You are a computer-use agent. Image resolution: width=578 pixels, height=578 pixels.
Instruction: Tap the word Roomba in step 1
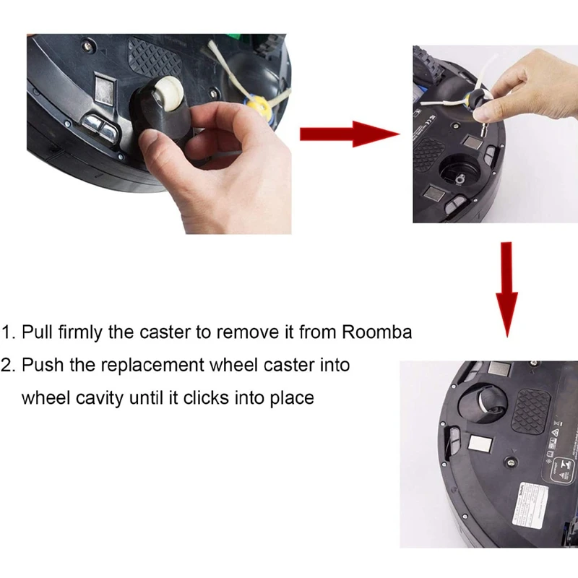point(376,332)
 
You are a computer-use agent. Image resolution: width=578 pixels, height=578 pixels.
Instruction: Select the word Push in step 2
point(40,365)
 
